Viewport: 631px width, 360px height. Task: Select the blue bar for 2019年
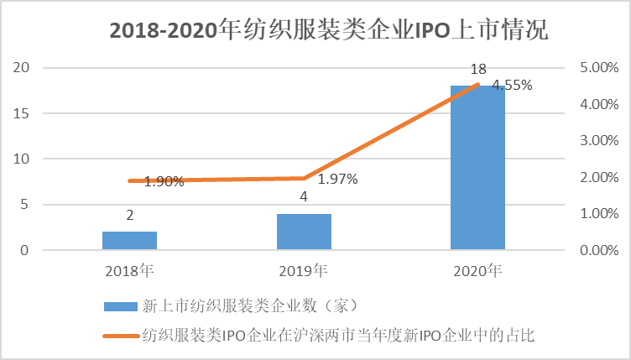tap(304, 232)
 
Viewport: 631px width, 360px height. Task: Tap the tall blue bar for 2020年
tap(477, 167)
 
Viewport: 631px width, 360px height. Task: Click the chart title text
tap(329, 31)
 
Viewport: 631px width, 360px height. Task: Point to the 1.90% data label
tap(164, 180)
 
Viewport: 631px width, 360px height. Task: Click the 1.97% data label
tap(337, 179)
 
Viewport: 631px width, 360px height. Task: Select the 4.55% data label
tap(512, 85)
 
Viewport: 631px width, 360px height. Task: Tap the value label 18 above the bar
tap(478, 70)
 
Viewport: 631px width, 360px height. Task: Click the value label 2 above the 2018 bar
tap(130, 216)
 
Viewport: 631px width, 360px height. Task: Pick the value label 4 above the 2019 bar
tap(304, 198)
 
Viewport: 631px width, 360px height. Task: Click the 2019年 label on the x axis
tap(304, 270)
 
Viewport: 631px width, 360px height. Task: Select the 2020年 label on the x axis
tap(477, 270)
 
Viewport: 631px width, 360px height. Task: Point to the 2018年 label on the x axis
tap(130, 270)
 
